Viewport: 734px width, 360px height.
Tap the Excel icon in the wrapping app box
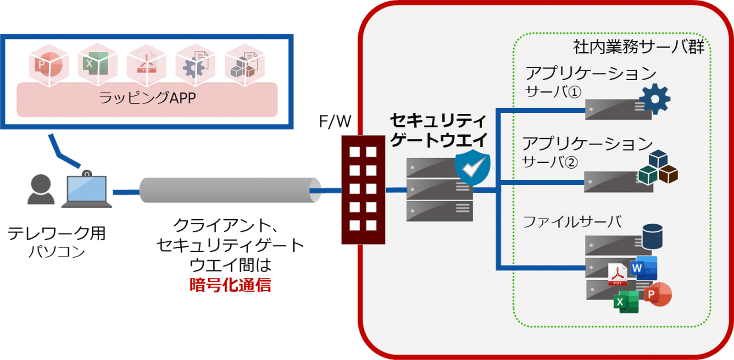97,65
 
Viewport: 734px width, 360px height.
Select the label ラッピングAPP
147,98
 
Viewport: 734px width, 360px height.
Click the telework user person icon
40,189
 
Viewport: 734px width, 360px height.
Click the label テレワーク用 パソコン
56,242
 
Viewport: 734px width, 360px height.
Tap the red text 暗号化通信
230,285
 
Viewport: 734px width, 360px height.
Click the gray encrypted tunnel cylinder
229,190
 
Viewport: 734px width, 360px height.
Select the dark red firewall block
363,189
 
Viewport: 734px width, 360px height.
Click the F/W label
335,122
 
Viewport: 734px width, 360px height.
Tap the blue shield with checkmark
473,166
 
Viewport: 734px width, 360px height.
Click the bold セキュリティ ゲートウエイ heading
438,130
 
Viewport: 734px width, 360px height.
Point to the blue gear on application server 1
655,99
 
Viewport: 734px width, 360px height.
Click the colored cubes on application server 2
658,167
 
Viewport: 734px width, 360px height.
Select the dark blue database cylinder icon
652,236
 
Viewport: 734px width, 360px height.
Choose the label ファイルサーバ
572,222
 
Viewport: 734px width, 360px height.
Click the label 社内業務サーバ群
638,47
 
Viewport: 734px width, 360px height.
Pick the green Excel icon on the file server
626,301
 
